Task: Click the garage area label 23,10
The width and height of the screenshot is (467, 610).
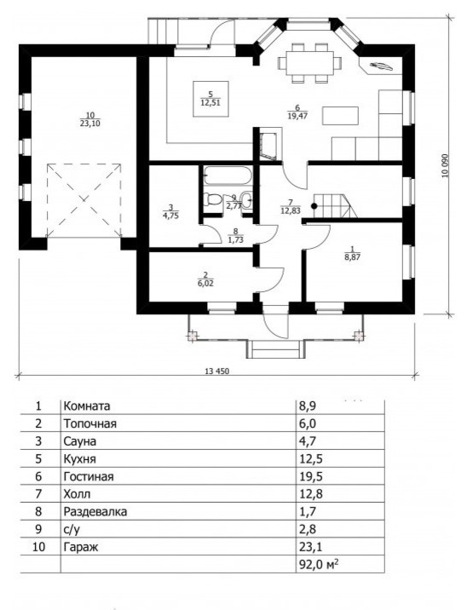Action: tap(89, 124)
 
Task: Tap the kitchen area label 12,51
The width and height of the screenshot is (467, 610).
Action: tap(210, 103)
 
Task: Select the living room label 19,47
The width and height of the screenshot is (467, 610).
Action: tap(297, 115)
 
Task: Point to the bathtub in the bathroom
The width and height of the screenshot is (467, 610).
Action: tap(228, 176)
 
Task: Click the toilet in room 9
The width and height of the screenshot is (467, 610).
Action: tap(214, 200)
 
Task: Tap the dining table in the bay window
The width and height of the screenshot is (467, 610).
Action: tap(310, 63)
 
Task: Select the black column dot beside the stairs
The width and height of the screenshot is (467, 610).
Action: tap(314, 206)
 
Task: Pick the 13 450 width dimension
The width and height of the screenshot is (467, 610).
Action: tap(217, 371)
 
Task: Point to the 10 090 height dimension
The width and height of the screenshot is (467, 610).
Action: tap(445, 166)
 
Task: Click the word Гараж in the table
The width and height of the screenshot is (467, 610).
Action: tap(81, 547)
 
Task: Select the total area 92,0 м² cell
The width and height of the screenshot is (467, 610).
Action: tap(318, 564)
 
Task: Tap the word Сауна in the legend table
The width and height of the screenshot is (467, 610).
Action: tap(80, 441)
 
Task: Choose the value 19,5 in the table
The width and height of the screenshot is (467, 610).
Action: tap(310, 476)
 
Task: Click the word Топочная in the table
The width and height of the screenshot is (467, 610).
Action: tap(89, 423)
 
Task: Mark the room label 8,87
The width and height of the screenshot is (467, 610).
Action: tap(352, 256)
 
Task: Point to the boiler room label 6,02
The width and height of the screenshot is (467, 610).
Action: tap(205, 284)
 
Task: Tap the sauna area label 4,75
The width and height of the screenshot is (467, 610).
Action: tap(170, 216)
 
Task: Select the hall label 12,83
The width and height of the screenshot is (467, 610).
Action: tap(290, 210)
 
